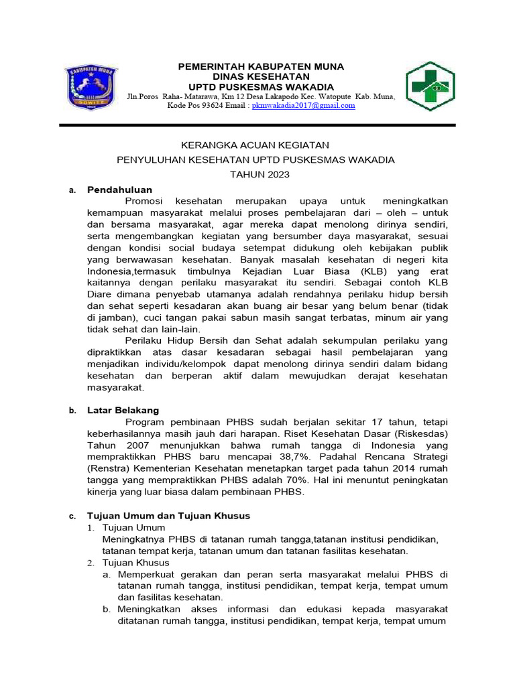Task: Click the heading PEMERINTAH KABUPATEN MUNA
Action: coord(260,67)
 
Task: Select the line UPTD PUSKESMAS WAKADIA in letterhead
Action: coord(260,87)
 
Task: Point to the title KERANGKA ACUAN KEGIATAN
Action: coord(256,145)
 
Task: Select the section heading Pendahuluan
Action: coord(120,190)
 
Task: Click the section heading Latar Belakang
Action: coord(123,410)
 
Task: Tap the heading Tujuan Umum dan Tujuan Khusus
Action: coord(168,515)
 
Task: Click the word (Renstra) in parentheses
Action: coord(111,468)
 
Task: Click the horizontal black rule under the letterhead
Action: coord(257,125)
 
